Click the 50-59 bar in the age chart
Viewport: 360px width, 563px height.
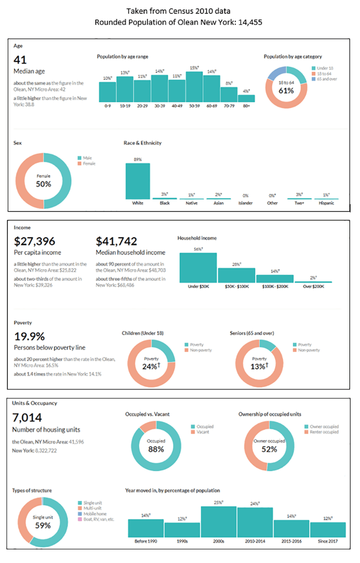click(194, 87)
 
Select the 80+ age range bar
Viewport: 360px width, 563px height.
click(246, 98)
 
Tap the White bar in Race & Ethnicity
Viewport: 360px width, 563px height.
click(138, 181)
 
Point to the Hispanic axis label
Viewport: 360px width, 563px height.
click(326, 204)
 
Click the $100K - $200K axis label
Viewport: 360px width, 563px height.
click(275, 287)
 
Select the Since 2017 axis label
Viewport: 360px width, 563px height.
click(328, 541)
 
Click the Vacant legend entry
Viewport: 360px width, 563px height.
click(203, 432)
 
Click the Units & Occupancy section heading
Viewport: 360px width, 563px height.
click(34, 403)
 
